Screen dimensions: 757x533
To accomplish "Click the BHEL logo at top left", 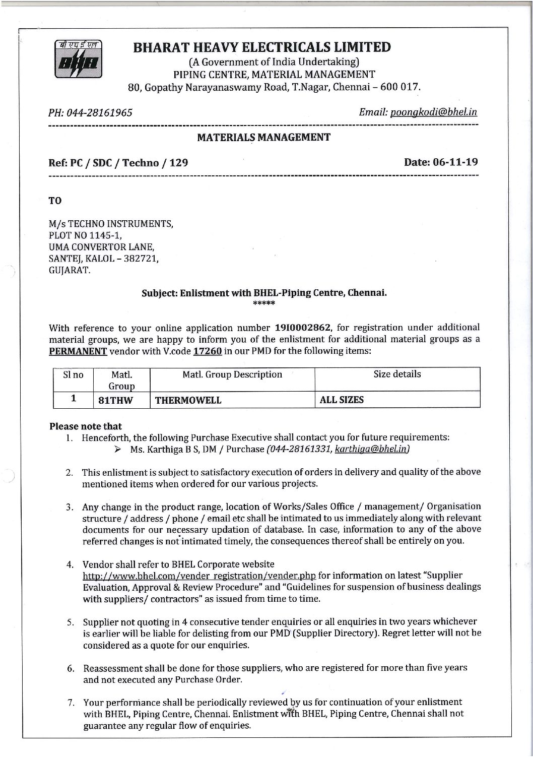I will (78, 59).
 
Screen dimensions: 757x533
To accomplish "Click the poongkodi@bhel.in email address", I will (433, 112).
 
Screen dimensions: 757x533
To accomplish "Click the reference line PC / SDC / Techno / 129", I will (118, 163).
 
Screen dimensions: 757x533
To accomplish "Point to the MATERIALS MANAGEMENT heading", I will (263, 137).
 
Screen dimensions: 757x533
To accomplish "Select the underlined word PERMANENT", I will (78, 351).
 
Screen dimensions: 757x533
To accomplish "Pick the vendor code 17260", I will (208, 351).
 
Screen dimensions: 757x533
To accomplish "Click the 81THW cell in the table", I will (115, 400).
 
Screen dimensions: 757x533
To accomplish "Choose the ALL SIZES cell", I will (342, 400).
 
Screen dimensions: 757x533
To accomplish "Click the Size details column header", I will (397, 374).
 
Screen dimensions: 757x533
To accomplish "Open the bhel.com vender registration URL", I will (199, 576).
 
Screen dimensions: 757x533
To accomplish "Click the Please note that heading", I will (86, 426).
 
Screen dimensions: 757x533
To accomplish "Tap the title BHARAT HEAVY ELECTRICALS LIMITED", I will (261, 47).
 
